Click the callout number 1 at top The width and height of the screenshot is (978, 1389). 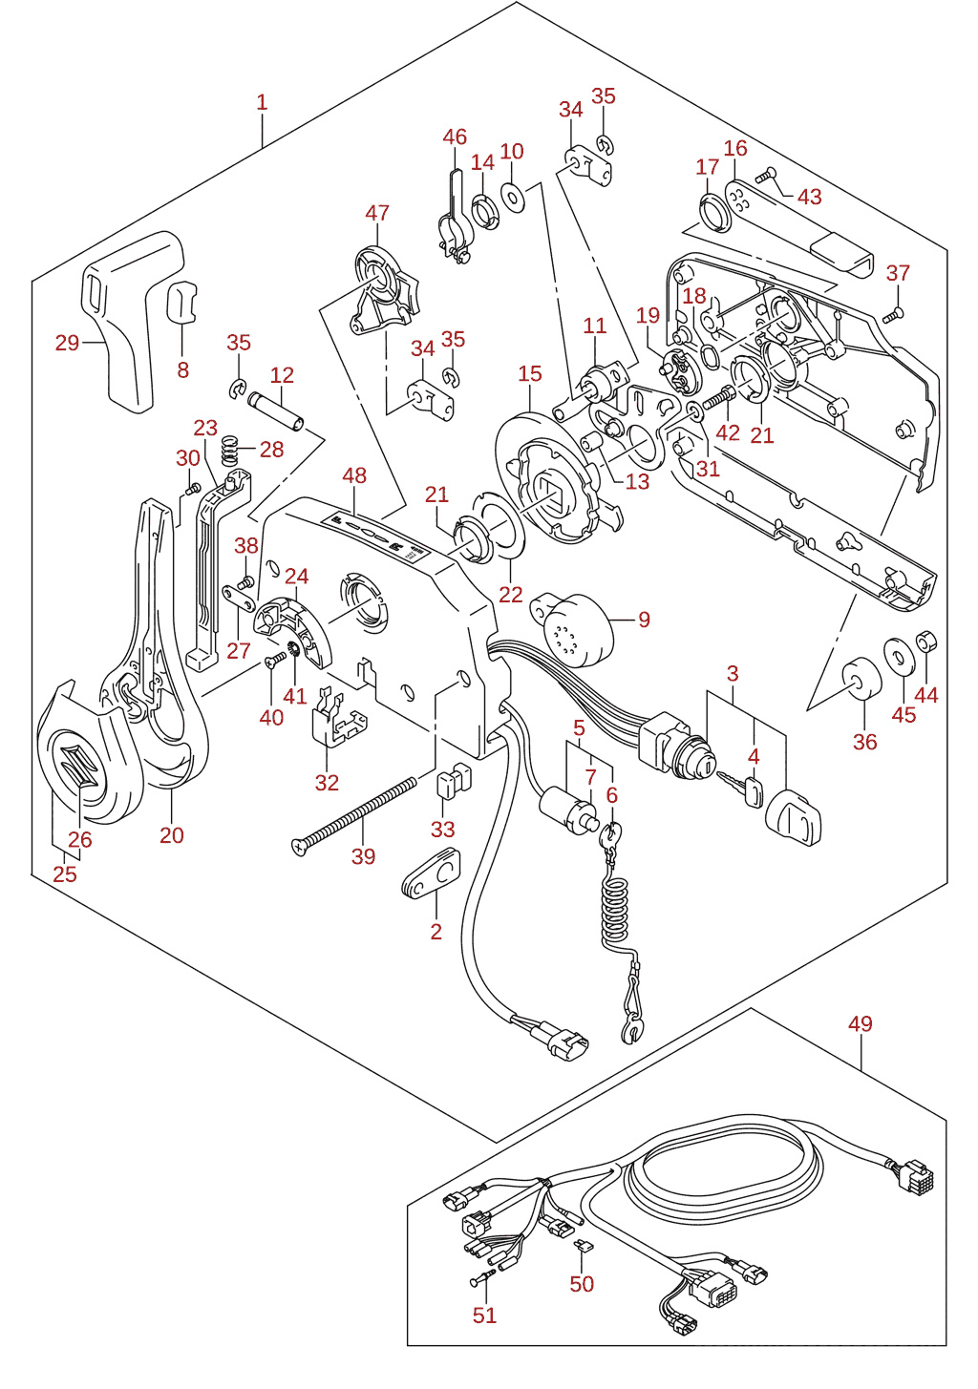pyautogui.click(x=262, y=103)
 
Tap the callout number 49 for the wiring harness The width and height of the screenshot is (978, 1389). pyautogui.click(x=861, y=1023)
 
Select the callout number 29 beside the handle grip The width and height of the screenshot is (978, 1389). pyautogui.click(x=67, y=343)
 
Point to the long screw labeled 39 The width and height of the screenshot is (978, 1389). pyautogui.click(x=354, y=817)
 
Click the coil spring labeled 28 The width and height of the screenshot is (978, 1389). pyautogui.click(x=229, y=450)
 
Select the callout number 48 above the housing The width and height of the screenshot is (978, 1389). pyautogui.click(x=354, y=475)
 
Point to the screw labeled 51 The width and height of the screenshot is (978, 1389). pyautogui.click(x=483, y=1276)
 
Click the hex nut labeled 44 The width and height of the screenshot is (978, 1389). pyautogui.click(x=926, y=642)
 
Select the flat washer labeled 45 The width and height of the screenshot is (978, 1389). pyautogui.click(x=902, y=654)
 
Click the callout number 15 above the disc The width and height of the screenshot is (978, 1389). pyautogui.click(x=530, y=373)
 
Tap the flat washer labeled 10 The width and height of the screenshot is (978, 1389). pyautogui.click(x=513, y=198)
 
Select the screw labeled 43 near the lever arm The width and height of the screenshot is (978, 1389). pyautogui.click(x=766, y=176)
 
